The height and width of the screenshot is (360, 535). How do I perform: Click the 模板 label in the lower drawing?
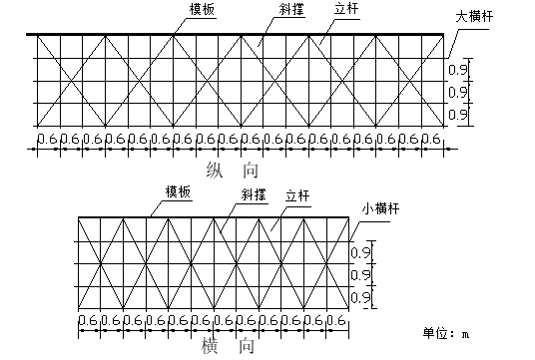coord(179,192)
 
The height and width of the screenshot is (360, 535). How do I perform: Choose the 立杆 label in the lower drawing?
coord(297,196)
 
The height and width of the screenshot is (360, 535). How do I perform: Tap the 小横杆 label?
coord(379,211)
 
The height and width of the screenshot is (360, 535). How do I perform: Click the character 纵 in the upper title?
coord(212,168)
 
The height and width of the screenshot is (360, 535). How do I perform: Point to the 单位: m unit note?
coord(446,332)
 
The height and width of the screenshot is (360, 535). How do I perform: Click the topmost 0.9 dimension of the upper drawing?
coord(459,71)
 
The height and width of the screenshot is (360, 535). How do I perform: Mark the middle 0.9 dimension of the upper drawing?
coord(459,94)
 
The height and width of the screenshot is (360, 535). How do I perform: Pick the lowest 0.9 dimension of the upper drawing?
coord(459,117)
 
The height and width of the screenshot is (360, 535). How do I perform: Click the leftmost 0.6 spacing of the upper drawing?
coord(45,139)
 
